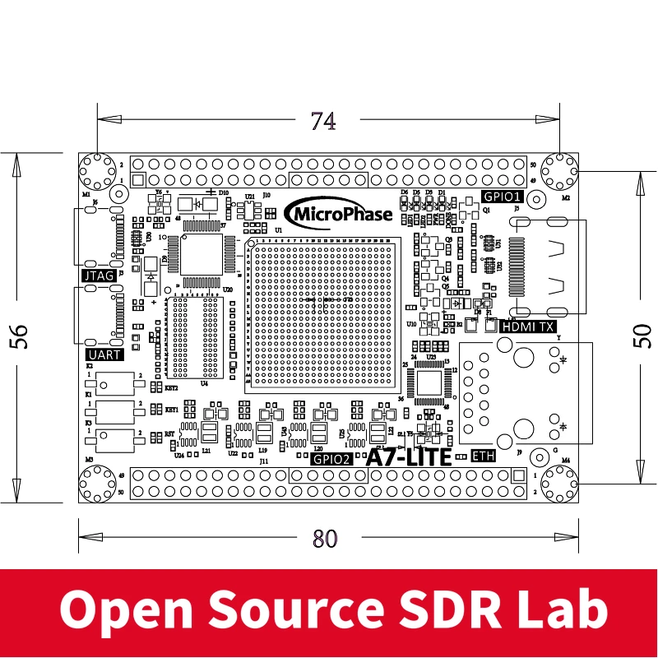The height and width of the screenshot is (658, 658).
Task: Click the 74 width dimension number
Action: click(323, 122)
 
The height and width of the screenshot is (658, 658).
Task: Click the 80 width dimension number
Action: click(325, 540)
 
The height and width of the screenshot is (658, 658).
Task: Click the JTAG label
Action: click(99, 276)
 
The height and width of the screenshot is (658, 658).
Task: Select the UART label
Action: click(103, 354)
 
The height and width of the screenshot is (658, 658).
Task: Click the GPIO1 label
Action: click(502, 197)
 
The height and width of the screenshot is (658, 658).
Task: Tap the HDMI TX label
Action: click(528, 327)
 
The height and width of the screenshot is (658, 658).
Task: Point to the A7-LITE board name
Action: click(409, 456)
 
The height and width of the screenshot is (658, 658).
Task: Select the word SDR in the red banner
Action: click(461, 610)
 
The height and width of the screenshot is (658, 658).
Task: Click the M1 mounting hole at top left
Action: click(96, 171)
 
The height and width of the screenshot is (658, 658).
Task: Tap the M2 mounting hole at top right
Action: click(562, 171)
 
